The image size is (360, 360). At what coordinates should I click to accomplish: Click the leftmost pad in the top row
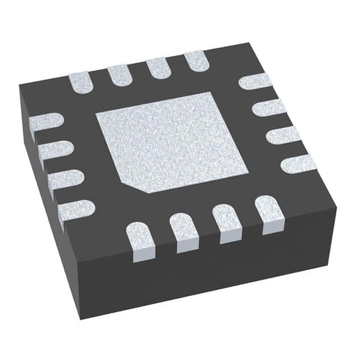click(x=81, y=82)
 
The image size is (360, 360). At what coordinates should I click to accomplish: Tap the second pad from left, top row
click(x=119, y=75)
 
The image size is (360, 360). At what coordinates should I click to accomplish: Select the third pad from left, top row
click(x=158, y=68)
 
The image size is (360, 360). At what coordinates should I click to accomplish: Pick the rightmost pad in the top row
click(x=196, y=61)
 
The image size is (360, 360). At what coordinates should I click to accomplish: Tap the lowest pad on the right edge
click(x=299, y=164)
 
